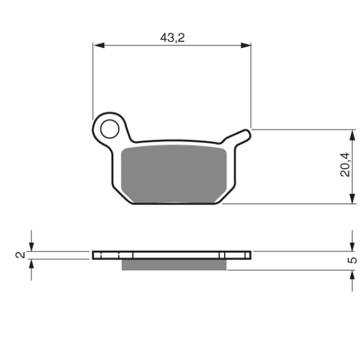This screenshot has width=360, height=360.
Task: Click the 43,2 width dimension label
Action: click(x=172, y=37)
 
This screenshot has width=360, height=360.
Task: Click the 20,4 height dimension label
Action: click(x=345, y=165)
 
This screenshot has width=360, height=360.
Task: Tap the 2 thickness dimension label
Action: click(x=20, y=255)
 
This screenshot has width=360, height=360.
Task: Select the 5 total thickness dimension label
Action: click(x=353, y=260)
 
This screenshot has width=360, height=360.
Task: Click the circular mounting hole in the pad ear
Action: click(x=110, y=129)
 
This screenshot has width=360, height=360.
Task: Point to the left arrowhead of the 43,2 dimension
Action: click(x=99, y=46)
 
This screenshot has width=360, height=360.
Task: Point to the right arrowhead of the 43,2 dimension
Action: click(x=246, y=46)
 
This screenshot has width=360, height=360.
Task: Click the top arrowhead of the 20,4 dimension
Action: click(x=352, y=135)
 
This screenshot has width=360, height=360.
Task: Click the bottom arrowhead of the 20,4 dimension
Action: click(x=352, y=198)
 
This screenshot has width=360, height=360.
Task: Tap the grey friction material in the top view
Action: click(x=174, y=174)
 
